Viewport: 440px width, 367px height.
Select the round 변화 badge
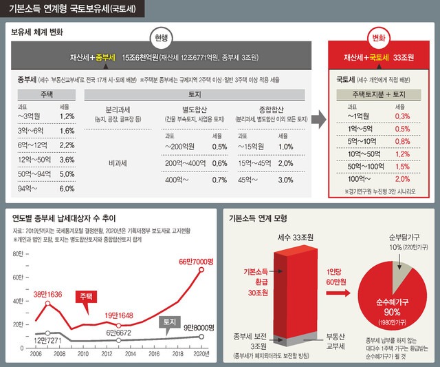[x=378, y=37]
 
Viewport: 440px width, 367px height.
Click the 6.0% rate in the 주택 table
[x=67, y=189]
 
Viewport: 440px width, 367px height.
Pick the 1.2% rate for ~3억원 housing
[x=67, y=116]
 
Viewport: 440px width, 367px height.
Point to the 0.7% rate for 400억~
[x=219, y=180]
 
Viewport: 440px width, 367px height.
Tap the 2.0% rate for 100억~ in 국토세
[x=404, y=179]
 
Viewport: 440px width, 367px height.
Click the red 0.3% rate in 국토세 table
[x=404, y=116]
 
